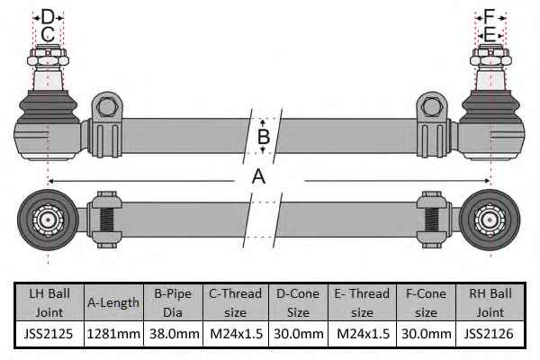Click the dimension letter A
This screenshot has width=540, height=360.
(258, 176)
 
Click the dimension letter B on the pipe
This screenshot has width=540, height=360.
(264, 137)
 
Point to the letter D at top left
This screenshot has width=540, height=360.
(48, 16)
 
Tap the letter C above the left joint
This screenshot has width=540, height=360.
(48, 34)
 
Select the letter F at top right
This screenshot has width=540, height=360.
(489, 16)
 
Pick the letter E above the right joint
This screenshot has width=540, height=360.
(490, 34)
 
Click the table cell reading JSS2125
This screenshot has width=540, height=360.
(49, 334)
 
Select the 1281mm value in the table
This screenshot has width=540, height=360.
(113, 334)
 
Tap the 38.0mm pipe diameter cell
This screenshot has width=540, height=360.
(174, 334)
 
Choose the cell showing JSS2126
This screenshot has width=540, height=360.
(489, 334)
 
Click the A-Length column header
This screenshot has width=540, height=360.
(113, 302)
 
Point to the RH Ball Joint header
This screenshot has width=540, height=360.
(490, 302)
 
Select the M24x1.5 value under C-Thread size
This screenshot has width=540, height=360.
(236, 334)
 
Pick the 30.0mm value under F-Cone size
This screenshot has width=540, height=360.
(427, 334)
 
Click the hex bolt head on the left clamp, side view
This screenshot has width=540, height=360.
(106, 107)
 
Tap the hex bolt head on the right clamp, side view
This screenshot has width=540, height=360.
(431, 107)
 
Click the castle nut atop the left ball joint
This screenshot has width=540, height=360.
(48, 56)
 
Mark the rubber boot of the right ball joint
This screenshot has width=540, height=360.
(491, 107)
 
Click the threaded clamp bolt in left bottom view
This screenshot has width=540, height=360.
(107, 220)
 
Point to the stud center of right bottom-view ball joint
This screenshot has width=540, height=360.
(490, 220)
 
